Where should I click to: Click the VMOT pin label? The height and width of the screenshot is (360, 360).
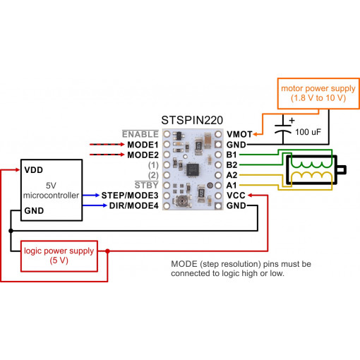[x=239, y=133]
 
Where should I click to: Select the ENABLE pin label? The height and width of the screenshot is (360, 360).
[x=140, y=133]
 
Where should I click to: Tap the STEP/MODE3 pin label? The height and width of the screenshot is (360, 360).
[x=130, y=194]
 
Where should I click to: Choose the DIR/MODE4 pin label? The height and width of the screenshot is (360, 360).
[x=133, y=205]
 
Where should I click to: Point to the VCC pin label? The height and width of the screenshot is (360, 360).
[x=236, y=195]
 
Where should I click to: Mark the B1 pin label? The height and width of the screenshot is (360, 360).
[x=232, y=154]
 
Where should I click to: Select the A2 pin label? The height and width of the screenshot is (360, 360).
[x=232, y=174]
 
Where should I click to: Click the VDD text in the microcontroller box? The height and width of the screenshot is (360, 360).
[x=34, y=170]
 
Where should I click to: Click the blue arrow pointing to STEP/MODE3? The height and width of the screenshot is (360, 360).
[x=90, y=194]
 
